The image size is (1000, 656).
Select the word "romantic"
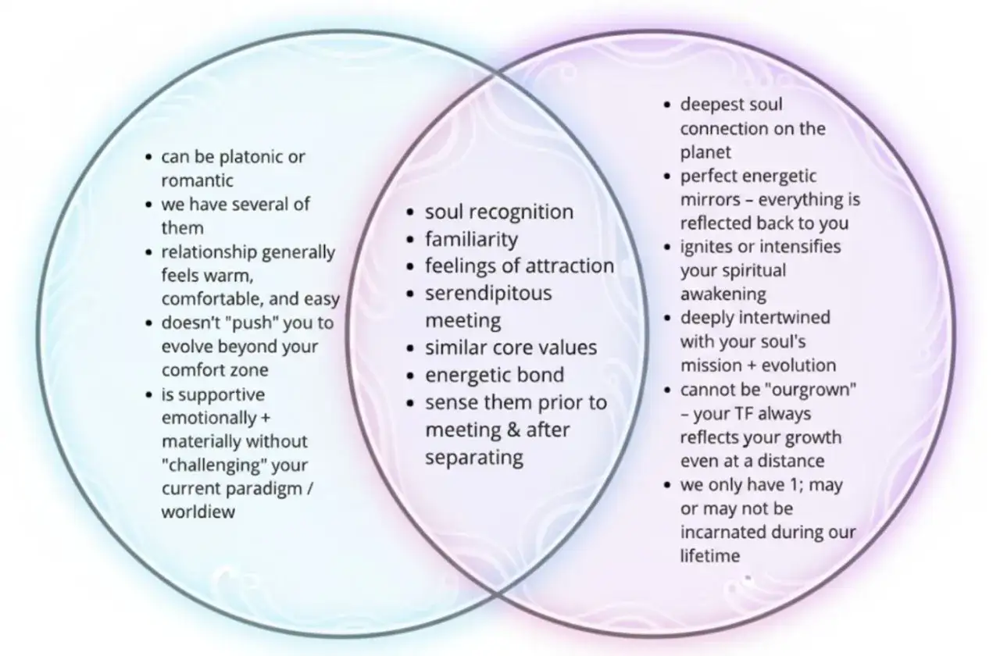(198, 180)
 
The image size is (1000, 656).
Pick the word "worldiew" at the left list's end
(198, 512)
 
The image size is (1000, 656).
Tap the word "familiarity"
(471, 240)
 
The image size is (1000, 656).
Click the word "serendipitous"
(488, 294)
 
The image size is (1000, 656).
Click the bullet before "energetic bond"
(411, 376)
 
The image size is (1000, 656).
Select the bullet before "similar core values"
(411, 348)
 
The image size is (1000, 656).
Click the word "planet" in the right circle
(705, 152)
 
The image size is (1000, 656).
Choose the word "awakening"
(723, 294)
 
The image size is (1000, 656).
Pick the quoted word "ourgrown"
(811, 390)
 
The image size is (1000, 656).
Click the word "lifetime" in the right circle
(710, 556)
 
